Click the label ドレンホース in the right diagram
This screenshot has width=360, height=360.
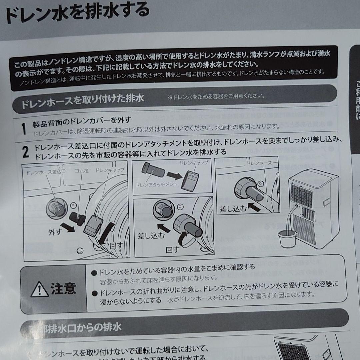pos(258,164)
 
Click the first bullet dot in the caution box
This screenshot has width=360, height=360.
pos(94,272)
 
